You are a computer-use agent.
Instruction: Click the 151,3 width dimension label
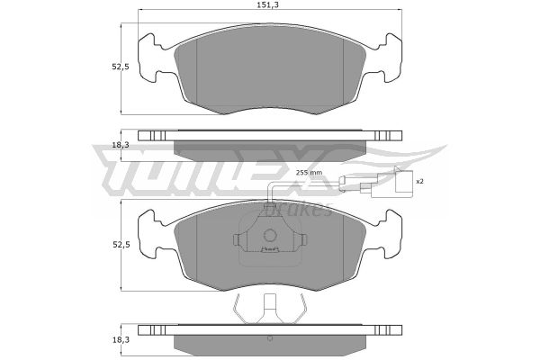[x=270, y=4]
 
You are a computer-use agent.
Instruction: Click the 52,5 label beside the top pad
[x=121, y=67]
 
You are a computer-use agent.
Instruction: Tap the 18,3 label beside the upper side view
[x=121, y=145]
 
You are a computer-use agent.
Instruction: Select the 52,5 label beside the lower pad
[x=121, y=245]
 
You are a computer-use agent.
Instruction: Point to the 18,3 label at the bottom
[x=121, y=340]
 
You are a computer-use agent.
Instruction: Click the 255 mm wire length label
[x=309, y=172]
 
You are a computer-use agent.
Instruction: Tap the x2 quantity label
[x=419, y=181]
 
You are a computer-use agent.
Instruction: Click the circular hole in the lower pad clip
[x=270, y=236]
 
